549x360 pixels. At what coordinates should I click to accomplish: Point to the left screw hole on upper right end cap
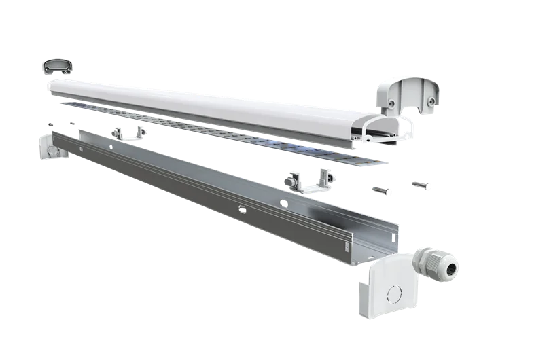[x=393, y=103]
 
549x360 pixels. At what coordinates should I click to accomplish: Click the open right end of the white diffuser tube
[x=385, y=130]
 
